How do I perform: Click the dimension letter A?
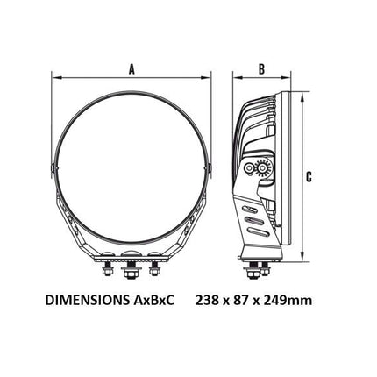132,69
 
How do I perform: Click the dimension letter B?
262,69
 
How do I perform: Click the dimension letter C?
309,177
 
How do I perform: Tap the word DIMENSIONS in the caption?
86,300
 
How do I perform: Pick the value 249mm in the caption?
288,300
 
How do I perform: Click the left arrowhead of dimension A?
56,78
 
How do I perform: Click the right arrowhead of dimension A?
206,78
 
